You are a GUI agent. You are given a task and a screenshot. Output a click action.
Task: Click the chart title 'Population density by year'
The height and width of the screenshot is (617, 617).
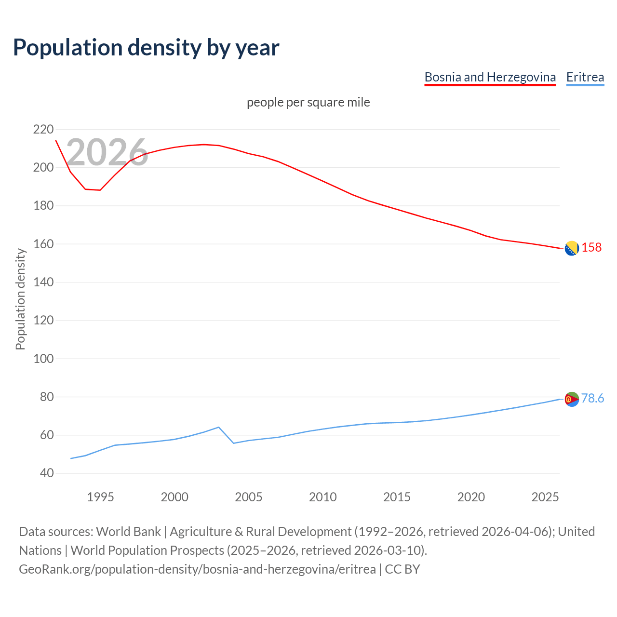click(146, 47)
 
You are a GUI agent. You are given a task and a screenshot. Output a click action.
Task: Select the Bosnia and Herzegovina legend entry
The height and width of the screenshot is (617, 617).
click(490, 77)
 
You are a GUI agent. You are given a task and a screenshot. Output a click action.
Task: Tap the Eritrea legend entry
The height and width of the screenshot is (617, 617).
click(585, 77)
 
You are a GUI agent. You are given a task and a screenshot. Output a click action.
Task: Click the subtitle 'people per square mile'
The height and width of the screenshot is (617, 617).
click(308, 102)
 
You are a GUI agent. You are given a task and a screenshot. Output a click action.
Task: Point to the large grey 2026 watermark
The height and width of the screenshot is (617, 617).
click(107, 152)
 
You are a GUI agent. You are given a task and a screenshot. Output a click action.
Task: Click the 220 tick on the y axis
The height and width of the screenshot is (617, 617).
click(43, 129)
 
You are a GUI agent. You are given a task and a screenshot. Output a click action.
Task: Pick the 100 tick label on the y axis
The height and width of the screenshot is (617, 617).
click(43, 359)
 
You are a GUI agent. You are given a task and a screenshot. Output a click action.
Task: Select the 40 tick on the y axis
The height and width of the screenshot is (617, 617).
click(47, 473)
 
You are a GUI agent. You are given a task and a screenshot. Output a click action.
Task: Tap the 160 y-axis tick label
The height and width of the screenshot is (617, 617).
click(43, 244)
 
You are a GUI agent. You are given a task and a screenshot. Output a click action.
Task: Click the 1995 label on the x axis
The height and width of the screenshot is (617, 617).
click(100, 497)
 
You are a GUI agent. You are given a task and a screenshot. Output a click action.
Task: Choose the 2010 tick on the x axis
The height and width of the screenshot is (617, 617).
click(322, 497)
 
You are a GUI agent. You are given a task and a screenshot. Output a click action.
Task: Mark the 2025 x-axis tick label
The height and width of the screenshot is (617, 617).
click(545, 497)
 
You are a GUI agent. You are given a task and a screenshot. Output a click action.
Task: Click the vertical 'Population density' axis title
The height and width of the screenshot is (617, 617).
click(20, 299)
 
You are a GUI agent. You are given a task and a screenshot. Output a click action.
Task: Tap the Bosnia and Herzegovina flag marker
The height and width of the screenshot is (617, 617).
click(571, 248)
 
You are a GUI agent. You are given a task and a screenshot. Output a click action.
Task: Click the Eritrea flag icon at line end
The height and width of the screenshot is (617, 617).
click(571, 399)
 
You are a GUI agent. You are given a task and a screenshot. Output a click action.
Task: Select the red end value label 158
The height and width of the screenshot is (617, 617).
click(591, 247)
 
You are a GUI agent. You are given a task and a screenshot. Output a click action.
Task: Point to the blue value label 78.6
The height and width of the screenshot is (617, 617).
click(592, 398)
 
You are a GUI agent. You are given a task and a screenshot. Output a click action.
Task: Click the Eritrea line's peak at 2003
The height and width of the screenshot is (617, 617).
click(219, 427)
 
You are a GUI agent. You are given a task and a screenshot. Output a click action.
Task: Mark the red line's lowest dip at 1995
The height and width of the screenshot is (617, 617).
click(100, 190)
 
